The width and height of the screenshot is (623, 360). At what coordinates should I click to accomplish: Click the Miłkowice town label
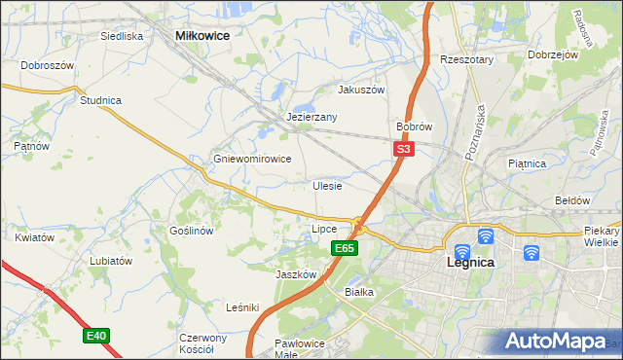coord(202,35)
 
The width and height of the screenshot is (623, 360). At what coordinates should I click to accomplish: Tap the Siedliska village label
coord(122,36)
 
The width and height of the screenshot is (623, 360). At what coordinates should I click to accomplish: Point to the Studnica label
coord(100,99)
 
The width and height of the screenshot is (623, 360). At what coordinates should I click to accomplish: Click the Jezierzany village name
coord(311,117)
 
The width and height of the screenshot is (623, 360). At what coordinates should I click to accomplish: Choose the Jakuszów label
coord(361,89)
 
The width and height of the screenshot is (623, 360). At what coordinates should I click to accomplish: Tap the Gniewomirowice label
coord(252,159)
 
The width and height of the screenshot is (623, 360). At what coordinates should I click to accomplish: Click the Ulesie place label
coord(327,185)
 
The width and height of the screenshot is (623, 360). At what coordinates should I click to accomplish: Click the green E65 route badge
coord(345,248)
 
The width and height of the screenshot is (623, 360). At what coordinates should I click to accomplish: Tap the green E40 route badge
coord(95,336)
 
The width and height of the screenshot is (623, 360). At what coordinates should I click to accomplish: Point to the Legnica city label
coord(470,263)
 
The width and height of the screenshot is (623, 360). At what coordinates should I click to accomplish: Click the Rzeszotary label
coord(467,59)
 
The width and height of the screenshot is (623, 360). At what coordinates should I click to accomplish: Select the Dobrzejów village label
coord(553,54)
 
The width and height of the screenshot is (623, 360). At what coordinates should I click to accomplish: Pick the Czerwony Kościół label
coord(202,343)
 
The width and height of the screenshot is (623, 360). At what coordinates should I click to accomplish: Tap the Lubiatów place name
coord(110,261)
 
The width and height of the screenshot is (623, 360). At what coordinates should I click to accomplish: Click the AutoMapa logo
coord(554,342)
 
